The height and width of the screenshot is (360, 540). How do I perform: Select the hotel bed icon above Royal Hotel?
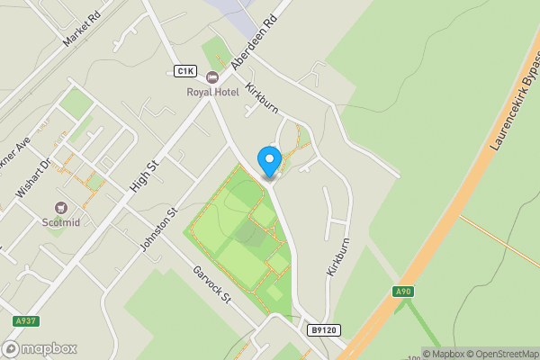(x=212, y=77)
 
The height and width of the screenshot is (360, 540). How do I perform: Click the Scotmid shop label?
(x=60, y=221)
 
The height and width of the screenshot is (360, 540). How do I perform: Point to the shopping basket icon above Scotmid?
(x=61, y=207)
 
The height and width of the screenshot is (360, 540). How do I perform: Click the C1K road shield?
(x=185, y=71)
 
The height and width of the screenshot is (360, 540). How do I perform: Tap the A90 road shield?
(x=403, y=292)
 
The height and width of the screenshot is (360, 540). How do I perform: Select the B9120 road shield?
(x=325, y=330)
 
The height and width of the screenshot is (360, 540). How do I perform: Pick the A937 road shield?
(x=26, y=321)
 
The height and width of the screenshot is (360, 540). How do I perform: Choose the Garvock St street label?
(x=212, y=285)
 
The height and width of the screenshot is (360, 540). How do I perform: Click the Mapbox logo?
(x=40, y=348)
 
